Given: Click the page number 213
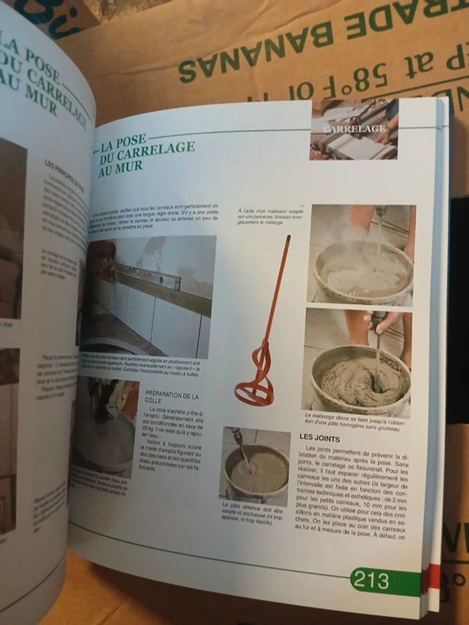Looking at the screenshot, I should pyautogui.click(x=371, y=579).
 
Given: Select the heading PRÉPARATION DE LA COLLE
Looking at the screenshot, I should pyautogui.click(x=172, y=401).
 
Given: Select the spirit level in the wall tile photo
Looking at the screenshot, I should pyautogui.click(x=147, y=274).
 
